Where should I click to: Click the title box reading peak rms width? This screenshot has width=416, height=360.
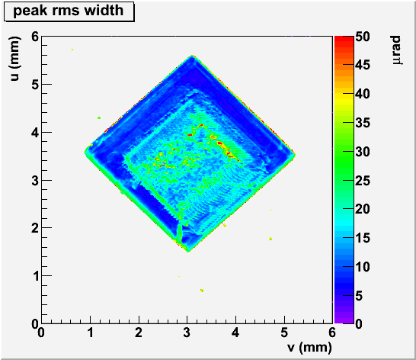click(69, 11)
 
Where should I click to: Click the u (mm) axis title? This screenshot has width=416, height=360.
click(15, 59)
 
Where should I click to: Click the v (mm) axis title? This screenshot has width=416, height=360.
click(309, 347)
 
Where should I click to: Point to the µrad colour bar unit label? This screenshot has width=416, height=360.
click(397, 50)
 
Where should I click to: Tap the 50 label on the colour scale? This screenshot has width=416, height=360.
click(363, 37)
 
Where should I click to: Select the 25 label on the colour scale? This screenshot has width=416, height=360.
click(363, 181)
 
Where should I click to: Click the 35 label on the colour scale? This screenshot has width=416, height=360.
click(363, 123)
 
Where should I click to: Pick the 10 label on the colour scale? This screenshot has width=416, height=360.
click(363, 267)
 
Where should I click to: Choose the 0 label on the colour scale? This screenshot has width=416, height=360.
click(359, 324)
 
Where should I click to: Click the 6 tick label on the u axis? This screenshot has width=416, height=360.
click(35, 37)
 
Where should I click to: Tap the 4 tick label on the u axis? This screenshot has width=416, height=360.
click(35, 132)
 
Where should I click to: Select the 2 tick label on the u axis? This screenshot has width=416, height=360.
click(35, 228)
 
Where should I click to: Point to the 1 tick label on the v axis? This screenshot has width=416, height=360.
click(90, 333)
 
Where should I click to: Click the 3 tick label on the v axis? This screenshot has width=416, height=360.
click(187, 333)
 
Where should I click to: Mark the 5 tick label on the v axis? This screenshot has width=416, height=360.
click(284, 333)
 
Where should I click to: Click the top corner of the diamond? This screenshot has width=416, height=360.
click(192, 55)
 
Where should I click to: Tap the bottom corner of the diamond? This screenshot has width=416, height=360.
click(188, 252)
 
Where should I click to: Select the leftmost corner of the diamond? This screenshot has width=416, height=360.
click(85, 153)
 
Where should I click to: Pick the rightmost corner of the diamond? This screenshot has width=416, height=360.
click(296, 155)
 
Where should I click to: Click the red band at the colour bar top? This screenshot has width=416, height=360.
click(344, 39)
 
